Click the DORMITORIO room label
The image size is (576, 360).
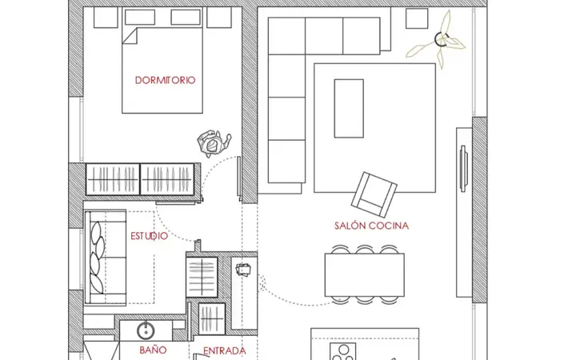[x=165, y=80]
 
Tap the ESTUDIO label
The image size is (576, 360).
[x=149, y=236]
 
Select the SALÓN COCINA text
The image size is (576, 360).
[x=371, y=226]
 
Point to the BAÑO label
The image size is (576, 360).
[x=153, y=350]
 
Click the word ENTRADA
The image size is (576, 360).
[x=225, y=351]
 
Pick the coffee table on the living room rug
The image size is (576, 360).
[x=349, y=108]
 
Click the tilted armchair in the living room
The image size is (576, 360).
[x=374, y=194]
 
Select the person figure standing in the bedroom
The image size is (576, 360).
[x=214, y=143]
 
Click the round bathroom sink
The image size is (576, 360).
[x=146, y=330]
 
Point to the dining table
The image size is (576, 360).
[x=365, y=274]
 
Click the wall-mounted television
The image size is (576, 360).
[x=463, y=168]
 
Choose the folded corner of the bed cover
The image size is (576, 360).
[x=130, y=36]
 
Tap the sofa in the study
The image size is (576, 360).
[x=106, y=258]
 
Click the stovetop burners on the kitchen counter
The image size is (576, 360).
[x=343, y=351]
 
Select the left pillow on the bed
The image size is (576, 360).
[x=140, y=18]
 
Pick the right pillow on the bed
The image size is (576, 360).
[x=186, y=18]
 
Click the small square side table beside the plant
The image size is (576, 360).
[x=417, y=18]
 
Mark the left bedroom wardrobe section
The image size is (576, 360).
[x=113, y=179]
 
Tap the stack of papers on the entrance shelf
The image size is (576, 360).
[x=243, y=270]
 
